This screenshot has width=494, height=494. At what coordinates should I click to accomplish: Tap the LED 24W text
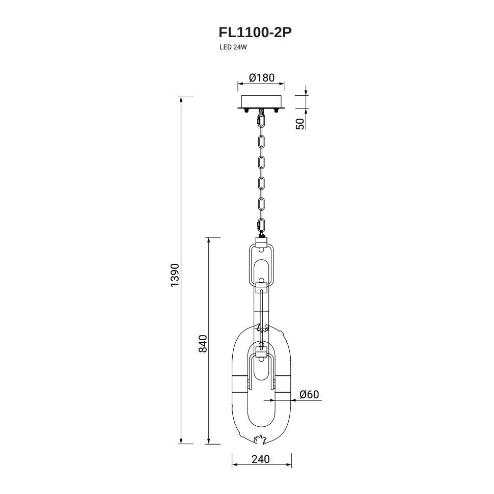tap(233, 47)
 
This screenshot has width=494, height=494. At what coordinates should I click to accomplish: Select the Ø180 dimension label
tap(261, 77)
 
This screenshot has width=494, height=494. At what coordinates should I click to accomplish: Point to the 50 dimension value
tap(301, 124)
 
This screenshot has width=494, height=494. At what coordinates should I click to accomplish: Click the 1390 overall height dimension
tap(174, 275)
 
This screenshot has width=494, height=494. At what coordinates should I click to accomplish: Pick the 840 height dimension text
tap(203, 343)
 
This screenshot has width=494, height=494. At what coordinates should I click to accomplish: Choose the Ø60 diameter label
tap(309, 394)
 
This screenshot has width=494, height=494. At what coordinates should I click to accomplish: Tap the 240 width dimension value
tap(261, 459)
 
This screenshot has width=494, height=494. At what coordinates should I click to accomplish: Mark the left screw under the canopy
tap(246, 110)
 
